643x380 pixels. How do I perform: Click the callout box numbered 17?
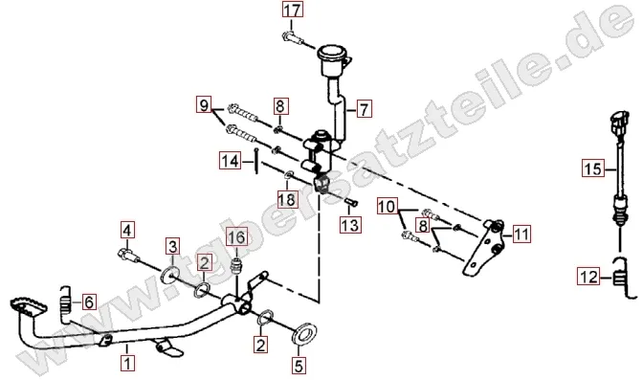click(x=293, y=10)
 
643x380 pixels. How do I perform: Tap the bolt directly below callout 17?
click(x=292, y=37)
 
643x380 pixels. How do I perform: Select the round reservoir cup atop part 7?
click(x=332, y=59)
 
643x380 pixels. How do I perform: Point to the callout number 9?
click(x=204, y=104)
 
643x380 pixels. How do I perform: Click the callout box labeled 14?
click(x=230, y=161)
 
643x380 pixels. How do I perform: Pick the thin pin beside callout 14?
click(x=256, y=161)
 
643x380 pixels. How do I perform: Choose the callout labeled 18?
click(x=287, y=199)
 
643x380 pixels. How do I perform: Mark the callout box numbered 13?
click(x=350, y=225)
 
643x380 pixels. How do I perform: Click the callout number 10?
click(x=388, y=207)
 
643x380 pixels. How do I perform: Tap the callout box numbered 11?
click(x=521, y=234)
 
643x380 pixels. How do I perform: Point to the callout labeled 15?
click(x=593, y=168)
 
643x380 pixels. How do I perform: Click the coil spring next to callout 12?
click(x=623, y=278)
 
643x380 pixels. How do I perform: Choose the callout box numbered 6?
click(x=89, y=302)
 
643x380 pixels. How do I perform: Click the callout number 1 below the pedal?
click(x=127, y=363)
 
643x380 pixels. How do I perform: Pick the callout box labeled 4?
click(x=127, y=231)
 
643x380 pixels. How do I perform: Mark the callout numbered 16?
click(x=236, y=237)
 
